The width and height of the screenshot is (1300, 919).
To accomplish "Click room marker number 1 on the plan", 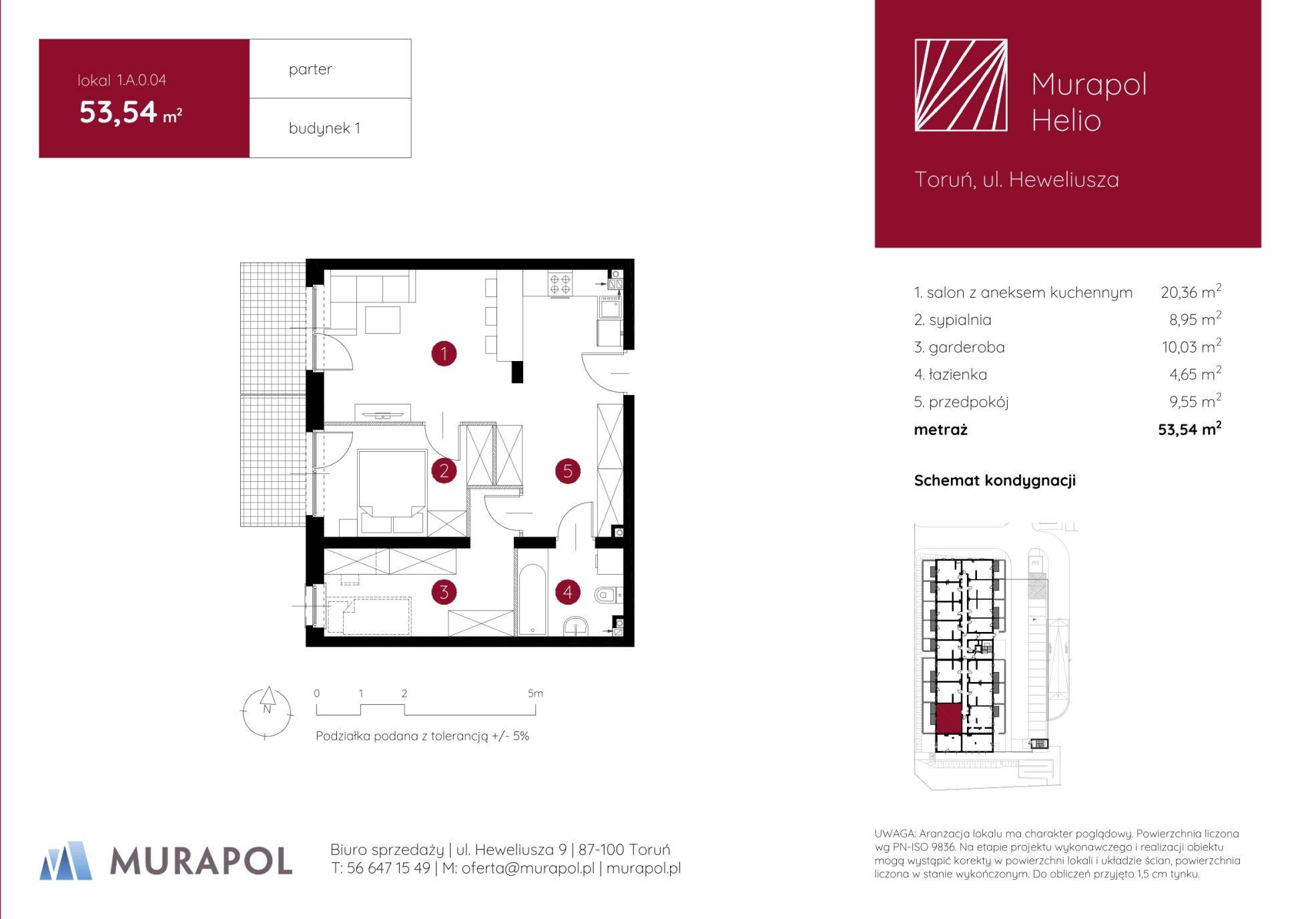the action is coord(444,353).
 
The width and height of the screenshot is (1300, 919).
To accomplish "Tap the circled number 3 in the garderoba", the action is coord(444,591).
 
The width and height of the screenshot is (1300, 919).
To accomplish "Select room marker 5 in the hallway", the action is coord(567,471).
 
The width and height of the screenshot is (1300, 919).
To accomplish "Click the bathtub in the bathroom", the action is coord(532,600).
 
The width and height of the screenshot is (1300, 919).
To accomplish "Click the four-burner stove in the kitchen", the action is coord(560,284).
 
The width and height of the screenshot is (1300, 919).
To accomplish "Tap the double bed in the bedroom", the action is coord(392,491).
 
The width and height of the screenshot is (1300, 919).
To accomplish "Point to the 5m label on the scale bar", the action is coord(535,693).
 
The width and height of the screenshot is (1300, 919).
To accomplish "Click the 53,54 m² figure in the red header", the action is coord(131,112).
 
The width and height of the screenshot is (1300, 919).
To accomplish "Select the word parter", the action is coord(310,69).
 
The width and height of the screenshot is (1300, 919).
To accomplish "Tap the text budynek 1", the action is coord(324,128).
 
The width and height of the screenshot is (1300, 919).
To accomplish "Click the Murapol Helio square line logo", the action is coord(961,85).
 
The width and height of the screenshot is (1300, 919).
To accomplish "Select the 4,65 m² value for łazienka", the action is coord(1195,374).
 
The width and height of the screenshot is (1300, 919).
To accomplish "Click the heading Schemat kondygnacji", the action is coord(995,481).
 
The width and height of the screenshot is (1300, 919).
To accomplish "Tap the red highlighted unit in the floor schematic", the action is coord(948,719).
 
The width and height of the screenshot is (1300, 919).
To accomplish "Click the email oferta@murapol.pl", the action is coord(528,868).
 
